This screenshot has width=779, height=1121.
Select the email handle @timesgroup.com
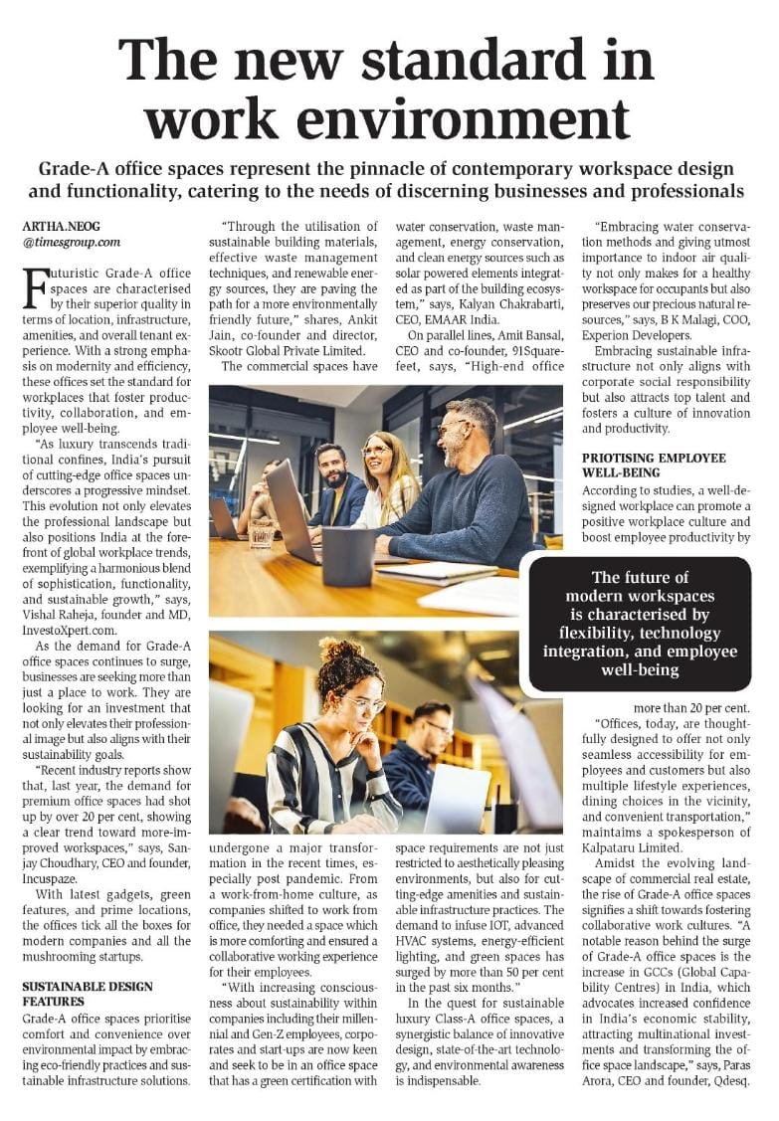click(71, 242)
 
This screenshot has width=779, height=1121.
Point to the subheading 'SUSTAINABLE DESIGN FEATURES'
click(88, 994)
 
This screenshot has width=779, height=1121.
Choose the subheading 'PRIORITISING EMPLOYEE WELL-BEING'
click(654, 465)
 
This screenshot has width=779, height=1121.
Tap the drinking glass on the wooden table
click(261, 533)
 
